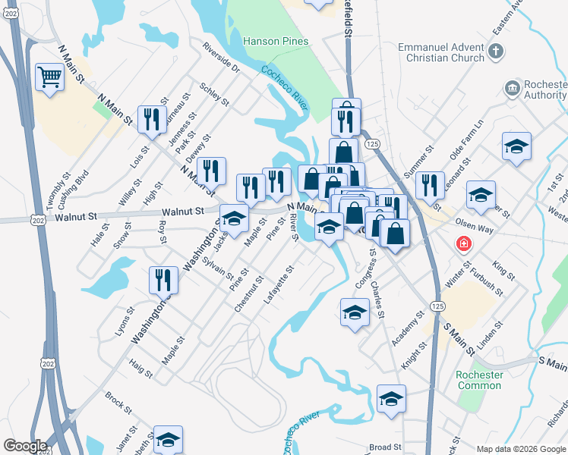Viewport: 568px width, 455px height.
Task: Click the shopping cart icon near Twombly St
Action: (x=49, y=77)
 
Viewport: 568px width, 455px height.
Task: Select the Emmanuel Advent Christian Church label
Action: (x=441, y=52)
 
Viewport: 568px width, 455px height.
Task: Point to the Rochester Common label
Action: (x=480, y=380)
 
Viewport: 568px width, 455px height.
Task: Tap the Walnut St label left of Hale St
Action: (x=77, y=216)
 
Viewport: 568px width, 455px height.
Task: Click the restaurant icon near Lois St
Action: (x=151, y=118)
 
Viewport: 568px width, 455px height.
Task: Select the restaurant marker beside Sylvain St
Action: (x=163, y=280)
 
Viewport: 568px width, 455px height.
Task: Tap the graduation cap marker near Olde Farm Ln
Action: (x=516, y=146)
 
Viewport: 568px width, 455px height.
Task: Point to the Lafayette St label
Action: (x=278, y=284)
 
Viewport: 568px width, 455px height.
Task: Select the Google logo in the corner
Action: (x=25, y=446)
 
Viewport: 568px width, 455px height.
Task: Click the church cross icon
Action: (x=496, y=52)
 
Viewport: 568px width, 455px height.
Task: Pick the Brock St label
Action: (x=120, y=399)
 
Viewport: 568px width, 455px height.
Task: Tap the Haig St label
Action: (x=142, y=369)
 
